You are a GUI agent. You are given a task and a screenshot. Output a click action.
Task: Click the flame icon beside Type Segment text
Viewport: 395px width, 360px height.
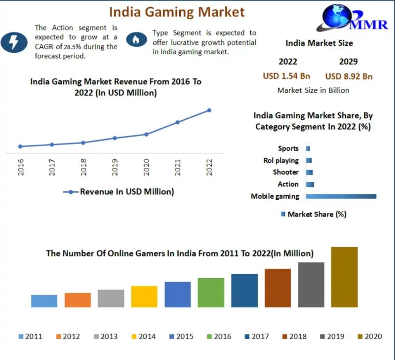pos(136,39)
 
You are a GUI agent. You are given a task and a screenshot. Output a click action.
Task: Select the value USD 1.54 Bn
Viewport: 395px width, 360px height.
pos(287,76)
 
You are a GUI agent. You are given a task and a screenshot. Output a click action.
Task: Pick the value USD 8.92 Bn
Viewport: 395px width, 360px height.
pos(349,76)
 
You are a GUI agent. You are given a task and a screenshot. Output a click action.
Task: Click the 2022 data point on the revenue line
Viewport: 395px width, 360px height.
pos(209,110)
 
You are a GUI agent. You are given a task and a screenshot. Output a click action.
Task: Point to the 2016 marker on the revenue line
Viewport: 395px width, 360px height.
pos(20,146)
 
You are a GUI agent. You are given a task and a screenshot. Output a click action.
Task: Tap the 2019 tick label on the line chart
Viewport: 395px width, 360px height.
pos(115,168)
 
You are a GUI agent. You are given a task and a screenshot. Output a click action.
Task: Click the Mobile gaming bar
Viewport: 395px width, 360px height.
pos(341,196)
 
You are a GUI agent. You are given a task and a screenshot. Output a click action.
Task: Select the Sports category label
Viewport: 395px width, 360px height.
pos(288,148)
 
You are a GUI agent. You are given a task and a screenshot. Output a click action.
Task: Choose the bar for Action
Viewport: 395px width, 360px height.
pos(310,184)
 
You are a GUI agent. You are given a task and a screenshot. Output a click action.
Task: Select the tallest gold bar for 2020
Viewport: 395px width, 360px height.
pos(344,277)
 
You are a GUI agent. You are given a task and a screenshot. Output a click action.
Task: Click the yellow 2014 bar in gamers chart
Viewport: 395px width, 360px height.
pos(144,296)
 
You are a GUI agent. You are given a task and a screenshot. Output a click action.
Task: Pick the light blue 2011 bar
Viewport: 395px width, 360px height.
pos(44,301)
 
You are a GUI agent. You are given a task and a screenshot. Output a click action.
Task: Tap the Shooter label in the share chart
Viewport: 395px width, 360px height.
pos(286,172)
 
